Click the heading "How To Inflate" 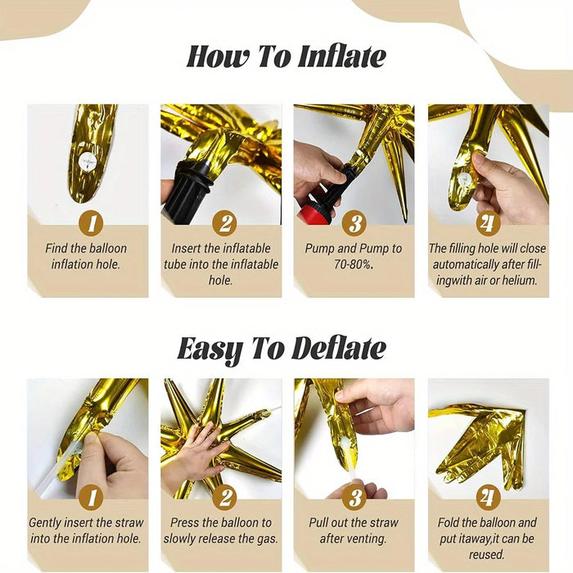[286, 57]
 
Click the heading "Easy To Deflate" [282, 350]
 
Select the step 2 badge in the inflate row [224, 223]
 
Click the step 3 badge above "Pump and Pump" [354, 223]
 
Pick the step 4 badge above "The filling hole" [488, 223]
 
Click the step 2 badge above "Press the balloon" [224, 497]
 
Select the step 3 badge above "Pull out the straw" [354, 497]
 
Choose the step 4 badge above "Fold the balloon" [488, 497]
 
